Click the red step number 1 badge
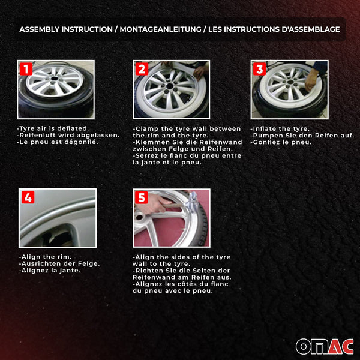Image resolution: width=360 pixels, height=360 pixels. click(x=26, y=68)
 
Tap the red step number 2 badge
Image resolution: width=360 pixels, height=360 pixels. click(x=142, y=68)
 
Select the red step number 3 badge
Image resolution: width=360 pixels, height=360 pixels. click(x=259, y=68)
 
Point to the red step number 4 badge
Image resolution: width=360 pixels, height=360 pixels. click(x=28, y=197)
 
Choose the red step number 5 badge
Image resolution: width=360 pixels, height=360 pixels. click(x=142, y=197)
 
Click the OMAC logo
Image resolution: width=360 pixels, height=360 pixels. click(x=325, y=346)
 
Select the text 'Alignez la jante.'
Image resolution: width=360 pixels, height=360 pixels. click(x=50, y=270)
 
